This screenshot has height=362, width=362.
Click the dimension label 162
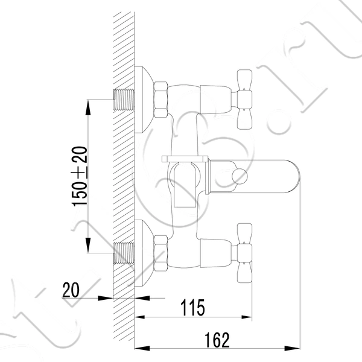217,340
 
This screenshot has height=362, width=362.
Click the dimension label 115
192,308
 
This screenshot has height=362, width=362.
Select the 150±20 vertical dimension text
80,176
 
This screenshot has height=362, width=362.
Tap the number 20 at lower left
71,290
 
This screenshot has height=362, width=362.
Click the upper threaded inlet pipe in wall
124,100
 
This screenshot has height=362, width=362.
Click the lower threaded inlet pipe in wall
124,253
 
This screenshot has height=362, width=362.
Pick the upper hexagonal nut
160,100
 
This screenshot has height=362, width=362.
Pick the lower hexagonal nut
160,253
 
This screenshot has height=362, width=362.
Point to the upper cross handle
244,100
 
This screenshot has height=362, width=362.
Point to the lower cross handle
244,253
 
